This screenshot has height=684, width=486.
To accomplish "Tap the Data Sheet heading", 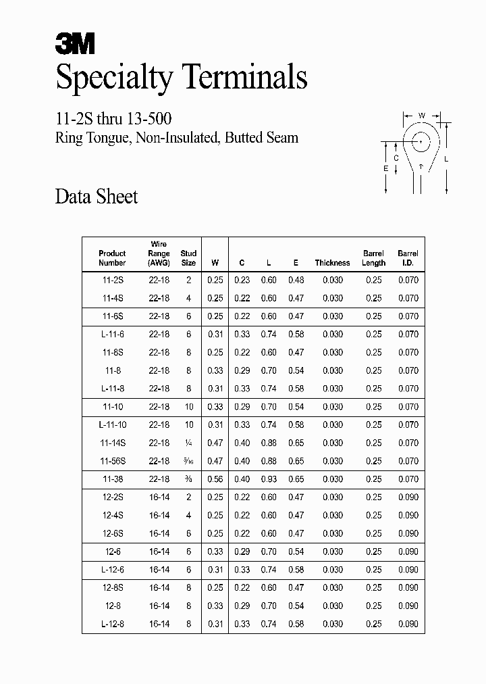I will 96,197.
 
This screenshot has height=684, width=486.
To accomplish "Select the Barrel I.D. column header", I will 408,258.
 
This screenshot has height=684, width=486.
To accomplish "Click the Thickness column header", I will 332,263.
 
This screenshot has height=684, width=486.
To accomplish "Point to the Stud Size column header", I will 188,258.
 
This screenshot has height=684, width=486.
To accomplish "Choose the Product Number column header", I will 112,258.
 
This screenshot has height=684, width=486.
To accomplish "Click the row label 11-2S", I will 112,280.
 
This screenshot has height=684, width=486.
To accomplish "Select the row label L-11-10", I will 112,424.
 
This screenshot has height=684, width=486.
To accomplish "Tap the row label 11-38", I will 112,479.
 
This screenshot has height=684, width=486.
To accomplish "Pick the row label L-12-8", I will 112,624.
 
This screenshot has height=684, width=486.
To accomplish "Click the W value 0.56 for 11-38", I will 215,479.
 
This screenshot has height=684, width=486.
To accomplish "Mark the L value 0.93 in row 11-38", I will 269,479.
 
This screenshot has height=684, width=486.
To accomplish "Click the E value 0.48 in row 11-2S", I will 296,280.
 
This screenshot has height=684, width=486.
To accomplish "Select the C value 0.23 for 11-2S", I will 242,280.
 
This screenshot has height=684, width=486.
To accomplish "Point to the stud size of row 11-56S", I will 188,461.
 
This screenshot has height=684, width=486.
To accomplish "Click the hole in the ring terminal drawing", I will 421,142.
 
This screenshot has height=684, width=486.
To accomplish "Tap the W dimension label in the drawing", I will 421,116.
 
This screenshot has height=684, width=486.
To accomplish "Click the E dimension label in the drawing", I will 385,168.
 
